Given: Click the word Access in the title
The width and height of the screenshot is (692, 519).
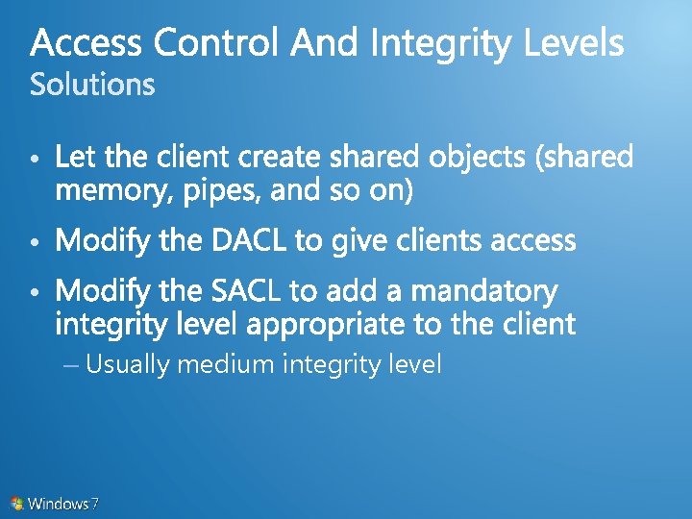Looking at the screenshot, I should [86, 43].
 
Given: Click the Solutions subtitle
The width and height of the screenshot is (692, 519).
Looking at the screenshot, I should [92, 86].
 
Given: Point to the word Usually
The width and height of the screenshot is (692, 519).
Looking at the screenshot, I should [127, 365].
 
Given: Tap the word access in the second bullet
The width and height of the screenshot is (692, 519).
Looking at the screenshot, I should [533, 240].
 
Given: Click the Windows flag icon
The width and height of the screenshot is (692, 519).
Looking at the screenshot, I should [17, 503].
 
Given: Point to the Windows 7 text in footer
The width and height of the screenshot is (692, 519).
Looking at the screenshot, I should [63, 503].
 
